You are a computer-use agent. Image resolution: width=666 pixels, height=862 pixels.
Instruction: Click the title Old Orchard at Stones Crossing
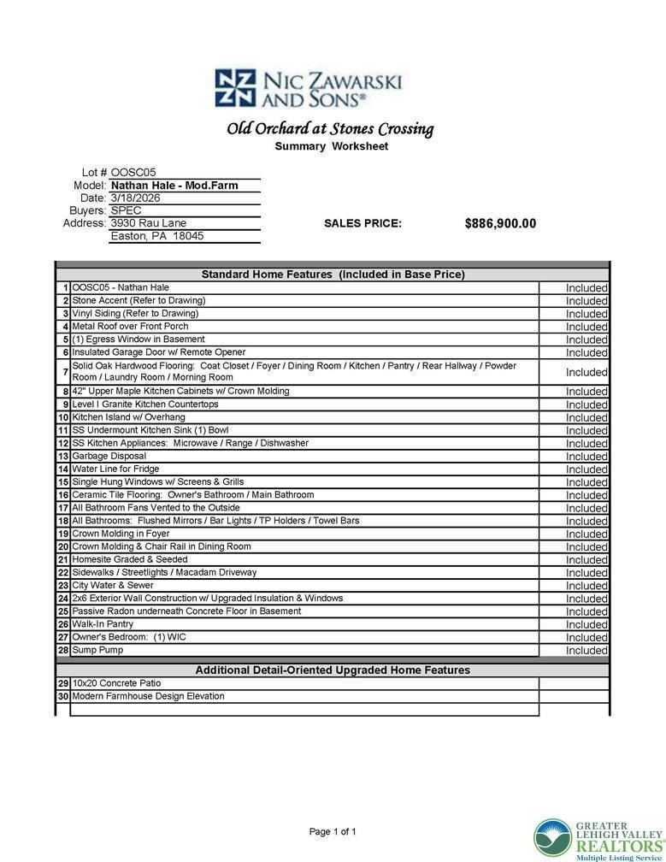pos(330,129)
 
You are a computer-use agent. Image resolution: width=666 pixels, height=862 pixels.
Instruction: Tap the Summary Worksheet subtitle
pos(331,146)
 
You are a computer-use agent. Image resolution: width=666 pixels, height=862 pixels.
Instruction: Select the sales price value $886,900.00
pos(500,223)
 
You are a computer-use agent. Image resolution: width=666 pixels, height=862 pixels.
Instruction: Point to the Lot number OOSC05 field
pos(133,172)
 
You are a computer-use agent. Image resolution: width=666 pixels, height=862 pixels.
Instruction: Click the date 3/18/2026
pos(135,198)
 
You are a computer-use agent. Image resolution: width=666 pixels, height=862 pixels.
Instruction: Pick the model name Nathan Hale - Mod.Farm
pos(174,185)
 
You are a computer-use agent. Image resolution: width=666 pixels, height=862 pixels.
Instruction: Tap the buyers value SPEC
pos(127,210)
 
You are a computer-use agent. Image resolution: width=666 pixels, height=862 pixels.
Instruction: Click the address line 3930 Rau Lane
pos(149,223)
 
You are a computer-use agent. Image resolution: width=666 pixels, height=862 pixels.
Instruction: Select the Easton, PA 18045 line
pos(157,236)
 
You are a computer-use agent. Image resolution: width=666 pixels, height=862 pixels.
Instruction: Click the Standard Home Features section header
pos(333,275)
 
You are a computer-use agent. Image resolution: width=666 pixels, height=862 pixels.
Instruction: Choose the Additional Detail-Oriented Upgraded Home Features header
pos(333,670)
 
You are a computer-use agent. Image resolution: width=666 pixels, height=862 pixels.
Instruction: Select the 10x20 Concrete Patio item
pos(116,683)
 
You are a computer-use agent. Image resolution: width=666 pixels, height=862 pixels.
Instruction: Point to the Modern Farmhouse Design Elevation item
pos(148,696)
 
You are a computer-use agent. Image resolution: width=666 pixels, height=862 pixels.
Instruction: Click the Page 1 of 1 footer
pos(333,831)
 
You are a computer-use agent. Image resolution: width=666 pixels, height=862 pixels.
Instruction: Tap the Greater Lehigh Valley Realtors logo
pos(598,839)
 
